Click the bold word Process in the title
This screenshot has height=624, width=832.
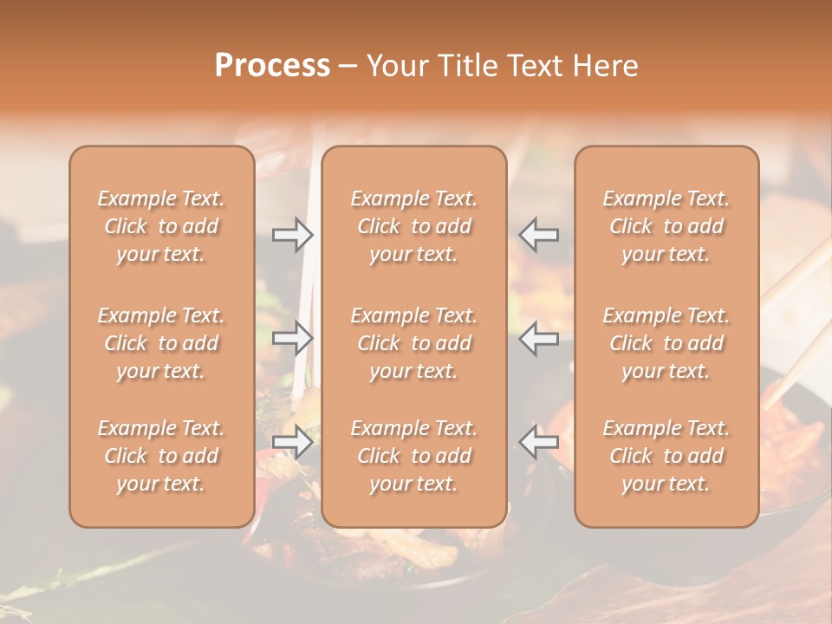272,66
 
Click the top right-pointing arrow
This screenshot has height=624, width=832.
293,234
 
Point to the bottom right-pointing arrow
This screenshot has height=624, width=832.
293,441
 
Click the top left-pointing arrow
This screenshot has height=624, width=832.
538,234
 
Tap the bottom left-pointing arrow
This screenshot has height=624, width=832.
538,441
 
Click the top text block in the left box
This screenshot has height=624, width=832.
161,226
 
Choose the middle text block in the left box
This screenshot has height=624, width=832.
161,343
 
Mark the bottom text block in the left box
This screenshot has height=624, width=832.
161,456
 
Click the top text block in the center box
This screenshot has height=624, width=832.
413,226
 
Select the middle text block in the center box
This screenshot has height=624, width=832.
413,343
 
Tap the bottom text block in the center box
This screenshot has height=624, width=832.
413,456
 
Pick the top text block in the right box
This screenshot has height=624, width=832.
666,226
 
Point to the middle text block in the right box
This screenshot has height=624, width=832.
666,343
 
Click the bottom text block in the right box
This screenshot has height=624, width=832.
666,456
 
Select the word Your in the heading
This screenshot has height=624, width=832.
396,66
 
